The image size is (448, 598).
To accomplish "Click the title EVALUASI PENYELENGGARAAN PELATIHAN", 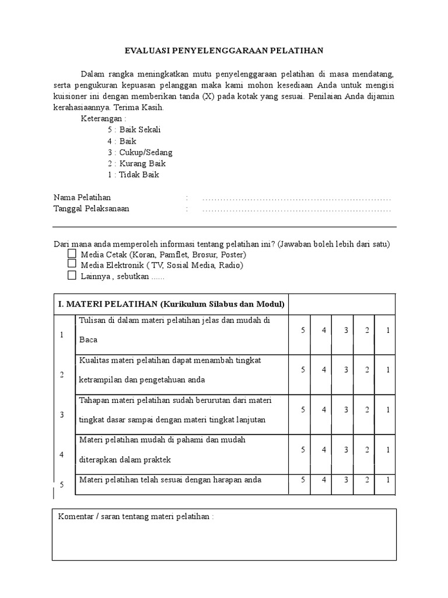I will coord(224,51).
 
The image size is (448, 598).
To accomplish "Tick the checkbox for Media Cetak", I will coord(72,255).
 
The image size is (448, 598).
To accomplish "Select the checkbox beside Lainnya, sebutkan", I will coord(72,276).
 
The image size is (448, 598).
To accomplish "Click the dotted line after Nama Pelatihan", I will coord(296,198).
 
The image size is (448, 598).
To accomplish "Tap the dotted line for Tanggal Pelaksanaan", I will coord(296,209).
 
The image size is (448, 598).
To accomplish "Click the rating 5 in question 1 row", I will coord(303,331).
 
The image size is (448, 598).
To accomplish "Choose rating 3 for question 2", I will coord(346,370).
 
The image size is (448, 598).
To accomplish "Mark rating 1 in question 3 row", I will coord(388,410).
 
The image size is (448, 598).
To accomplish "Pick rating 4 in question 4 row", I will coord(324,450).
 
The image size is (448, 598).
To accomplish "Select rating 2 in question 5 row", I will coord(367,480).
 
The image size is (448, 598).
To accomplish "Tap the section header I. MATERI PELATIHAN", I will coord(171,304).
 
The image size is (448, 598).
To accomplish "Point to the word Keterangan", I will coord(103,119).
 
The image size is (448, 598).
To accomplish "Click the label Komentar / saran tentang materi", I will coord(135,517).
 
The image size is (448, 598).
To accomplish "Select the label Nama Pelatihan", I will coord(82,198).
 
